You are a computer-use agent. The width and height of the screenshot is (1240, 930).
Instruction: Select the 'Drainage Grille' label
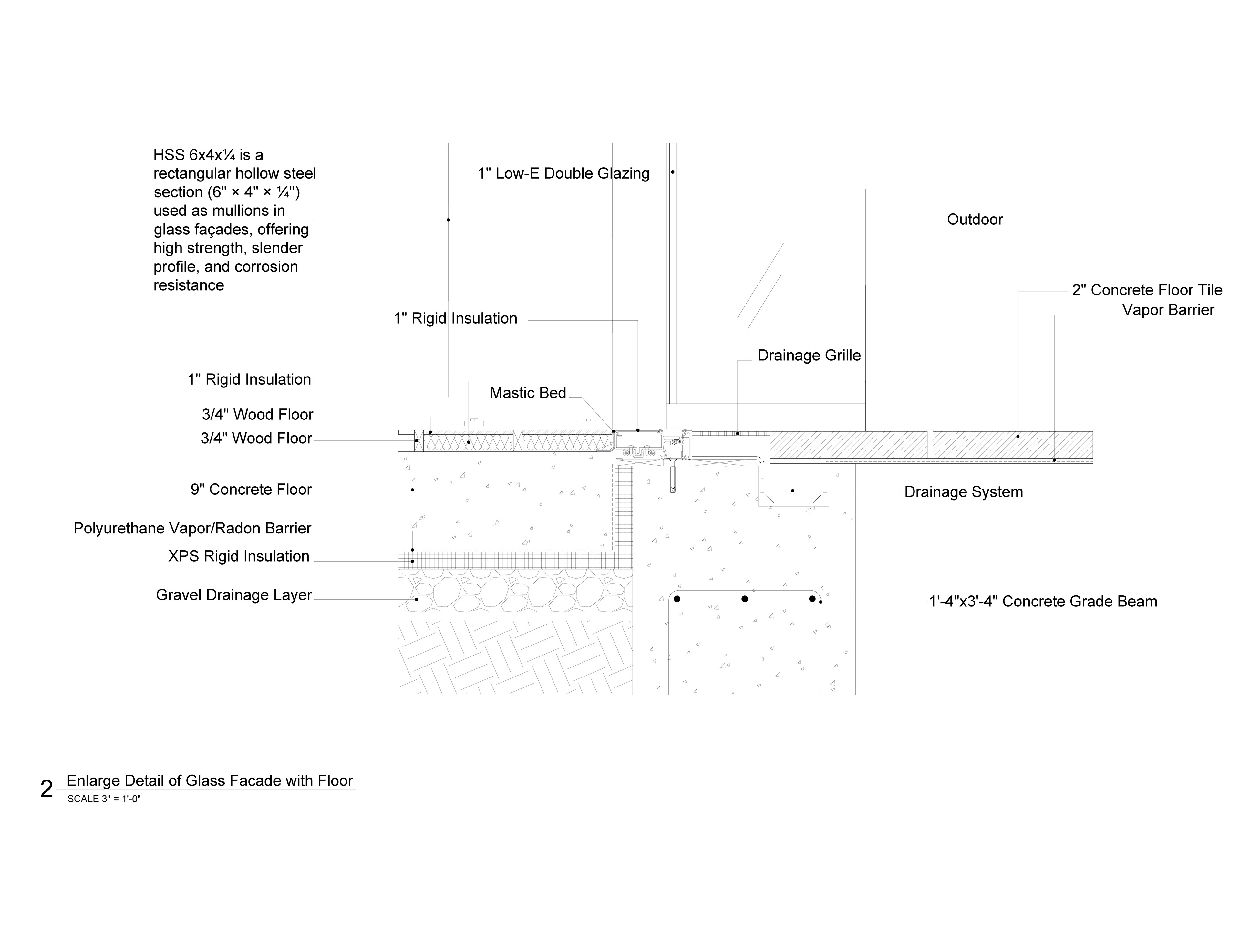point(809,356)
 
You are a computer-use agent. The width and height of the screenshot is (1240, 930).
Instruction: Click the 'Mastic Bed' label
point(528,393)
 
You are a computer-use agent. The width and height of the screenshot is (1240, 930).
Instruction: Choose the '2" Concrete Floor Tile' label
point(1147,290)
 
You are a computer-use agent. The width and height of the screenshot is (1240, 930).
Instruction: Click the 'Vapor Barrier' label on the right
point(1168,310)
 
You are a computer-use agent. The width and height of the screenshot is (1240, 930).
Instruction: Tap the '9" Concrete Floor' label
point(251,490)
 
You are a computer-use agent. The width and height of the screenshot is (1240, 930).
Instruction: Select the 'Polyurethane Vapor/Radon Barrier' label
point(192,529)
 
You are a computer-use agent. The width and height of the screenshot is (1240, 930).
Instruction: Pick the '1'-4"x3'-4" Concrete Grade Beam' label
point(1043,602)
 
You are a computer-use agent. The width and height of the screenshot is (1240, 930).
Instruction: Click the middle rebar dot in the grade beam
point(744,599)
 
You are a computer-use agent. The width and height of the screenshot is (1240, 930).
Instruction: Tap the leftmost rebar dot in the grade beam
point(677,599)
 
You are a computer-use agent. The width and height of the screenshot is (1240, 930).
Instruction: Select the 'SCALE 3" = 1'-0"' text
point(104,799)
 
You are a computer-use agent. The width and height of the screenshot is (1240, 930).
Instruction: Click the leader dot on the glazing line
point(672,172)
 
